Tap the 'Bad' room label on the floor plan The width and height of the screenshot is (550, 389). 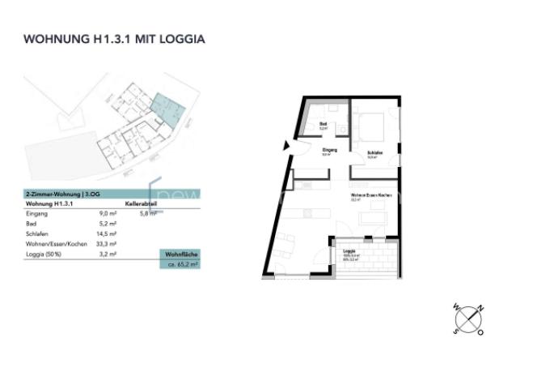(323, 124)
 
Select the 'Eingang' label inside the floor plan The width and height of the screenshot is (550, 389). (329, 151)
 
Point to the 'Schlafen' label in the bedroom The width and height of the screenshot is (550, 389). (374, 153)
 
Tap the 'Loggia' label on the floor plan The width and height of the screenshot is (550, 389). (349, 251)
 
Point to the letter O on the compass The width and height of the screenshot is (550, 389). (480, 331)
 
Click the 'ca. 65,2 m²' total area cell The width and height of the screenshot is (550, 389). (182, 263)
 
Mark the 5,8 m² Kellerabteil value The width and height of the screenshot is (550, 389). (148, 213)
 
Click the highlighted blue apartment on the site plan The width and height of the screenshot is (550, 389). (167, 106)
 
